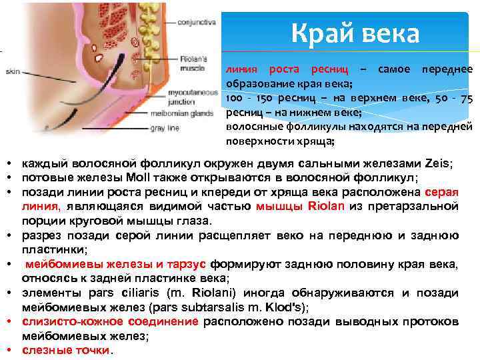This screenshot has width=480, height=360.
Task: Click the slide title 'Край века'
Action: [x=355, y=34]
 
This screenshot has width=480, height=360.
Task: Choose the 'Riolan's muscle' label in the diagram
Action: [x=195, y=63]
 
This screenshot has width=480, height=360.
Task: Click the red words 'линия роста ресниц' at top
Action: [x=287, y=70]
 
